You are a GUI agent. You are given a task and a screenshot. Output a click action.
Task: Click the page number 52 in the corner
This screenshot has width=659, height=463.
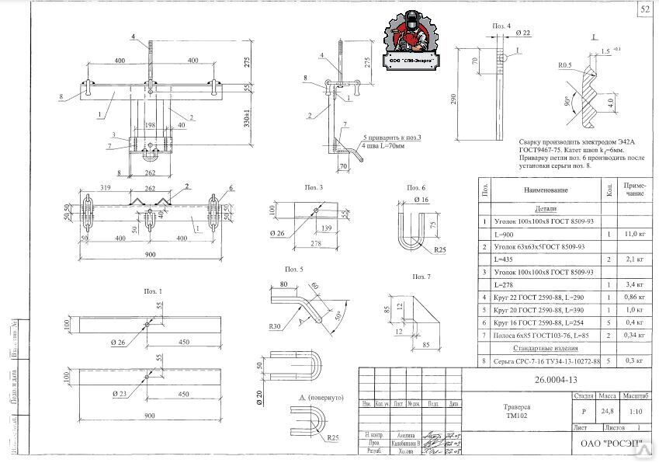pyautogui.click(x=646, y=9)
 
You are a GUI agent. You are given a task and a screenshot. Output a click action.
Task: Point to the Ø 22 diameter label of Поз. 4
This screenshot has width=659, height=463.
pyautogui.click(x=522, y=33)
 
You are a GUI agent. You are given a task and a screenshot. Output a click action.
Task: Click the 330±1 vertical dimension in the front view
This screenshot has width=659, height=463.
pyautogui.click(x=245, y=123)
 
